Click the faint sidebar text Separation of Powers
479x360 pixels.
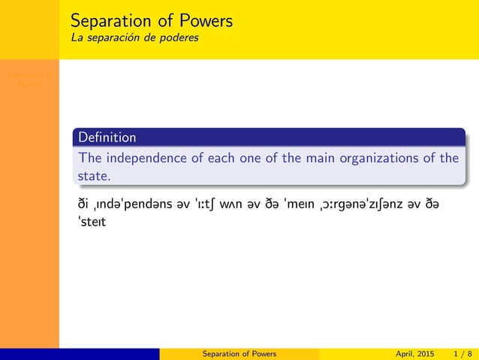click(x=29, y=80)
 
